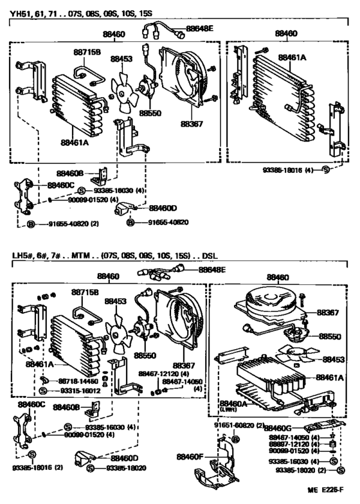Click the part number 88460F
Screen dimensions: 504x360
coord(190,456)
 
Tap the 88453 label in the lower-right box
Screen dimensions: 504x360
coord(334,360)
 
